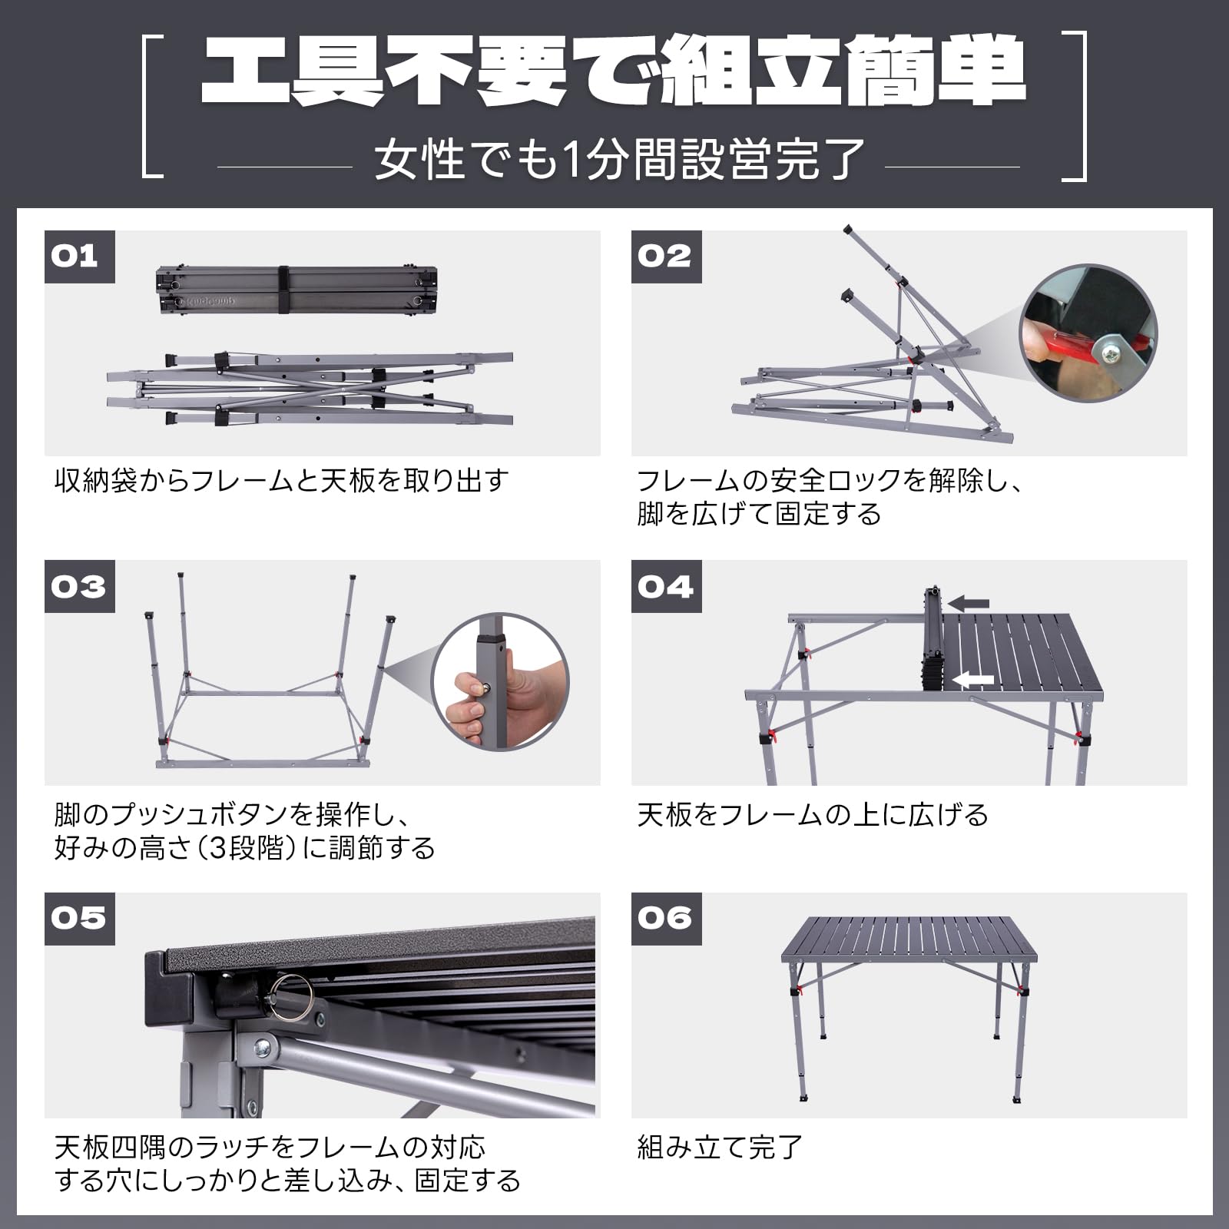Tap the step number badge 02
coord(666,256)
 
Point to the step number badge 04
coord(666,587)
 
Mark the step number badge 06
coord(666,919)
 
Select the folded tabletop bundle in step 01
coord(296,290)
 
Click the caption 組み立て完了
coord(720,1148)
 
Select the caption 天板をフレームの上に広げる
coord(813,814)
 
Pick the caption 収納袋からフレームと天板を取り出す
coord(281,482)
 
